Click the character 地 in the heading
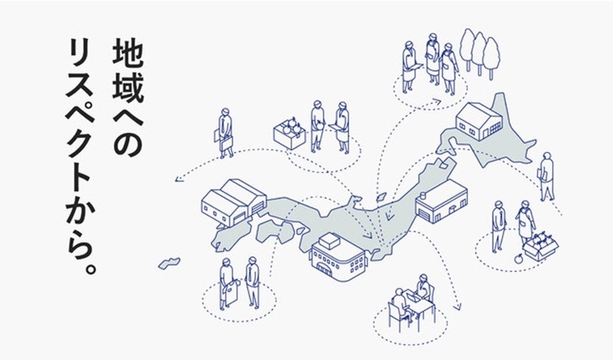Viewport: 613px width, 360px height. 127,55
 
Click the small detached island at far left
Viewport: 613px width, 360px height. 169,263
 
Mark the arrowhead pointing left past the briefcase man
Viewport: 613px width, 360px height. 178,180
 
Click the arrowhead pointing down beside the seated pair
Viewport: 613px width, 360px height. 458,308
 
